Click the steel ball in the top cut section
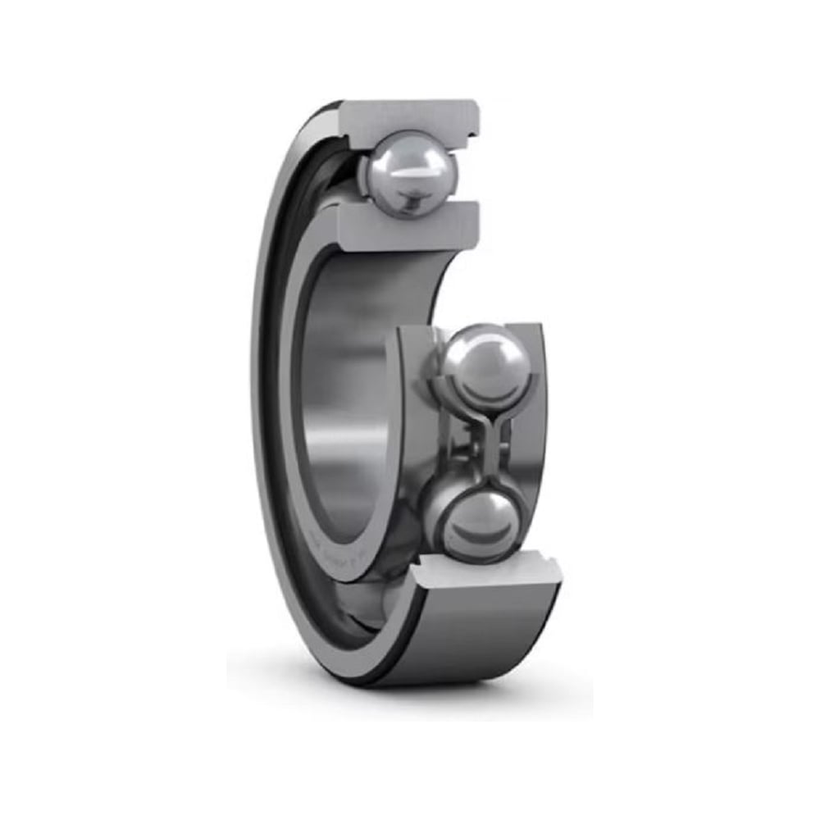[409, 173]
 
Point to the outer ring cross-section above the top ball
[410, 115]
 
